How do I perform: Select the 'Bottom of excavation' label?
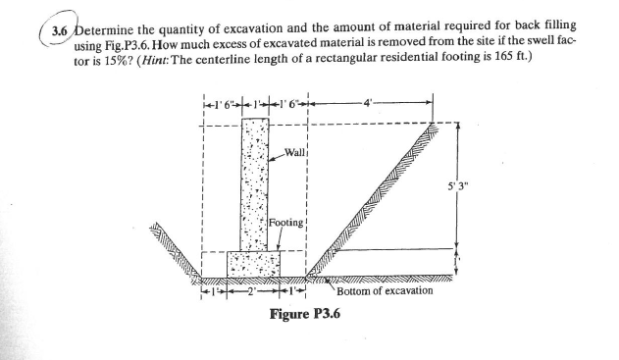coord(385,290)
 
